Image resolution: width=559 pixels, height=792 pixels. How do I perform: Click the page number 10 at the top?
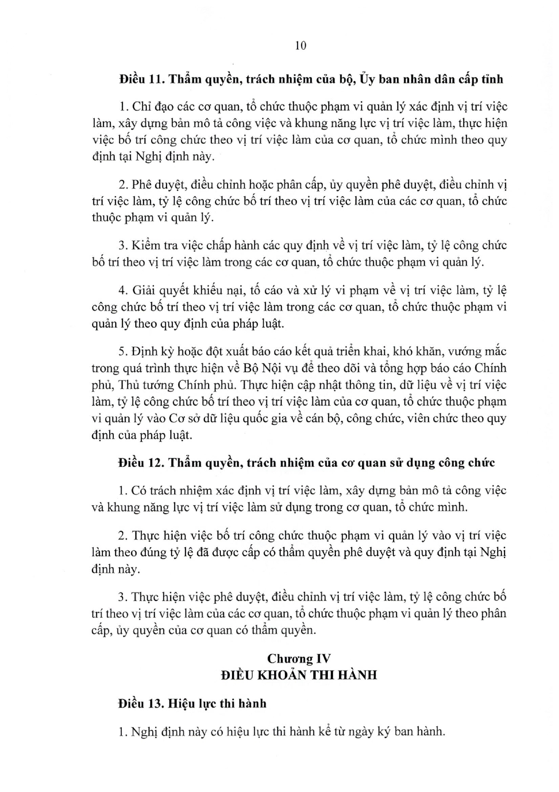300,46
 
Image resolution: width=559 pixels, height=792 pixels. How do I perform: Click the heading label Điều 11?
140,79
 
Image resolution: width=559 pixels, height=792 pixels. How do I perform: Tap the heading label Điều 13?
140,703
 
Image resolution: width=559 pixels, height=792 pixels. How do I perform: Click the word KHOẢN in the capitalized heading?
287,675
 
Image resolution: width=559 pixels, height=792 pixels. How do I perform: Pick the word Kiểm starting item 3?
144,245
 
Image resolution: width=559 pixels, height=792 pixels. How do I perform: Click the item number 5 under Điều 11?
121,351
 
